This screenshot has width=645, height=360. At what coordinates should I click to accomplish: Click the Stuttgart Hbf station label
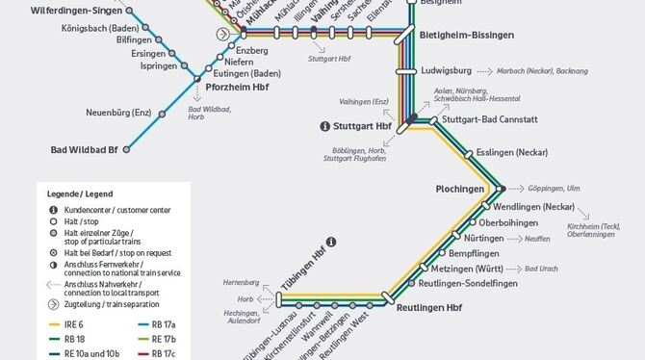(x=361, y=126)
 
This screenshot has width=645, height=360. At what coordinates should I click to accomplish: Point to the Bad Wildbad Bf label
(x=84, y=150)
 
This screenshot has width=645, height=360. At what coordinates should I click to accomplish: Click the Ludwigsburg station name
(x=447, y=71)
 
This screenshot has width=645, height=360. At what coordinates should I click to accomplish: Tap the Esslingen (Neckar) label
(x=511, y=153)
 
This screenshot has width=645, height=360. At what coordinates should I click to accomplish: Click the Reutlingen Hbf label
(x=427, y=307)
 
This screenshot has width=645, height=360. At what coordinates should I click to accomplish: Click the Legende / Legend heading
(x=78, y=193)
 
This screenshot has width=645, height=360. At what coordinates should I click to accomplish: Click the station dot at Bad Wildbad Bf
(x=126, y=150)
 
